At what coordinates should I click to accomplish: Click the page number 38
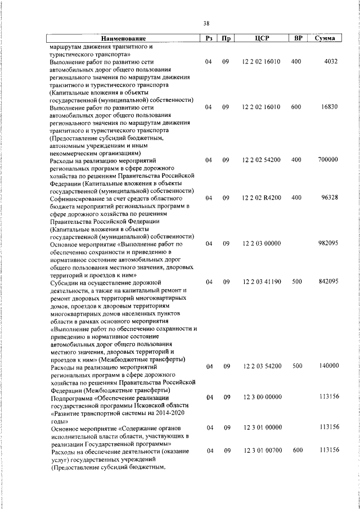click(206, 23)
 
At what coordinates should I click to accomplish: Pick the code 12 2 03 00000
click(261, 244)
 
